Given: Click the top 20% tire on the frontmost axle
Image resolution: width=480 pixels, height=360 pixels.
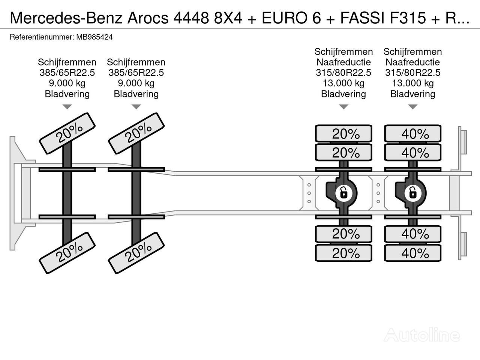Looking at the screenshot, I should [x=67, y=133].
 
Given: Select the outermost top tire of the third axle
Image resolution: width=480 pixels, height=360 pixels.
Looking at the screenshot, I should [x=343, y=134].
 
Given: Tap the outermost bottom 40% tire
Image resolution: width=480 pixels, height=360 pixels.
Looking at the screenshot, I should [x=413, y=253].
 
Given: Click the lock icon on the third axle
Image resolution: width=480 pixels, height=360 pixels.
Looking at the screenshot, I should [x=343, y=193].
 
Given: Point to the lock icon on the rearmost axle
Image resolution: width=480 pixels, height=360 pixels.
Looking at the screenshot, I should [x=412, y=193].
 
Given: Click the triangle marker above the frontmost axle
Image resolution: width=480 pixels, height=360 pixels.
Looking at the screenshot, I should [x=67, y=107].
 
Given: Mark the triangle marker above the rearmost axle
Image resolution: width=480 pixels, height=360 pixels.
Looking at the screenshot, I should [x=413, y=107].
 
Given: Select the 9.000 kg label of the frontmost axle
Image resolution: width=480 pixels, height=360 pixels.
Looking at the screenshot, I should [x=67, y=83].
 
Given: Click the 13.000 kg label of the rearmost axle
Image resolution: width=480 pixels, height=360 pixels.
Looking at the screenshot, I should [x=413, y=83].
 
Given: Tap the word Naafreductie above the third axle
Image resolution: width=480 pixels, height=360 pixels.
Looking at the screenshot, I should [x=343, y=62].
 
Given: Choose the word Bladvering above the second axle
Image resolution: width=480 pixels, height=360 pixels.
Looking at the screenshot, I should [x=136, y=94].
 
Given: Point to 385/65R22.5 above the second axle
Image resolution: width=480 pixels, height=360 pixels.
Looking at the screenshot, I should [x=136, y=73].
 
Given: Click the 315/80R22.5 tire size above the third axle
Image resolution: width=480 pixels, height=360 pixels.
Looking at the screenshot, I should [x=343, y=73].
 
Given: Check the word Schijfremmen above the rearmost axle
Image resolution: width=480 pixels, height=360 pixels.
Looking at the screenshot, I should [x=413, y=52].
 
